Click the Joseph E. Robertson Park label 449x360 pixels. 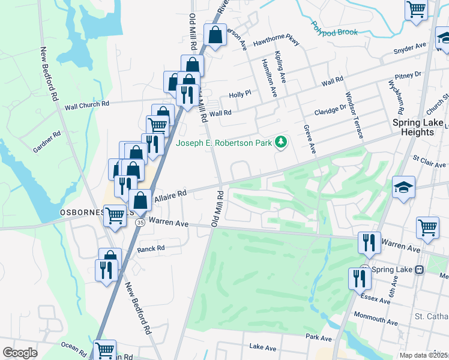tap(223, 143)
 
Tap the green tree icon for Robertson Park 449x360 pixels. tap(280, 143)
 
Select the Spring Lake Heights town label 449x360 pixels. tap(418, 127)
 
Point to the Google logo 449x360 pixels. tap(20, 353)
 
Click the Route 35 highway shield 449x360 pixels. tap(140, 222)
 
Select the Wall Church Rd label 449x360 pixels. tap(87, 104)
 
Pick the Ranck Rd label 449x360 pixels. tap(151, 248)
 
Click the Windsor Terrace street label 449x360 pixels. tap(354, 115)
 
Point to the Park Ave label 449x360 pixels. tap(318, 337)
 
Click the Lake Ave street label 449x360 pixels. tap(263, 347)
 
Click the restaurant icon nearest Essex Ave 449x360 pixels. tap(359, 279)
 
